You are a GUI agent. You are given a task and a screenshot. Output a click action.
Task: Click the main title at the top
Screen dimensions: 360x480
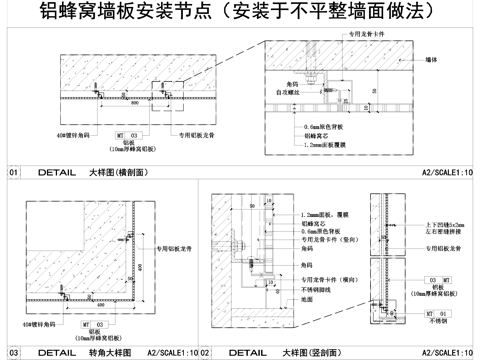pyautogui.click(x=240, y=13)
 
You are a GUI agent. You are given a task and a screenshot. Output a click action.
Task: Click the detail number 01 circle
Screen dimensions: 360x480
pyautogui.click(x=14, y=172)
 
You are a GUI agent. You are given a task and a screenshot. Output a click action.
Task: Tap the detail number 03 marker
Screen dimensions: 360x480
pyautogui.click(x=14, y=352)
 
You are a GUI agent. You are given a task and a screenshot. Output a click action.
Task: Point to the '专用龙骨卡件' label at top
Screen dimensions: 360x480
pyautogui.click(x=364, y=34)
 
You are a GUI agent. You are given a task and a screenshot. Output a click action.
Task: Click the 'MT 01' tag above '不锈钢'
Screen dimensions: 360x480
pyautogui.click(x=432, y=312)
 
